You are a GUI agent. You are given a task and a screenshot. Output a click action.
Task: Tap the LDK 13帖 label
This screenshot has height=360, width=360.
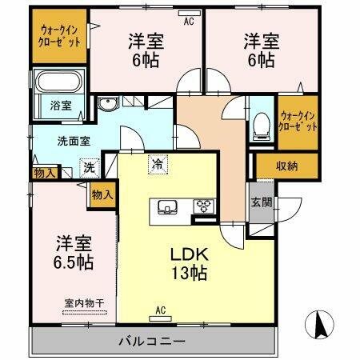(191, 263)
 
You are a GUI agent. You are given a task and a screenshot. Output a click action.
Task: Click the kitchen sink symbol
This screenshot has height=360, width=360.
(170, 206)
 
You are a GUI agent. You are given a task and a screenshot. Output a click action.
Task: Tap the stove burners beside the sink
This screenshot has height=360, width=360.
(205, 206)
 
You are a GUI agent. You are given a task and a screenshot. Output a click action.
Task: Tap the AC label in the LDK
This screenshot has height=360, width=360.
(159, 310)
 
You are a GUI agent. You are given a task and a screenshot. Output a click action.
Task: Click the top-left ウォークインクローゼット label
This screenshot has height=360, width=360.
(60, 37)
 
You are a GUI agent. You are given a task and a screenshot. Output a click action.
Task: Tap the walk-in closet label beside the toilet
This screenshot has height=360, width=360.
(298, 121)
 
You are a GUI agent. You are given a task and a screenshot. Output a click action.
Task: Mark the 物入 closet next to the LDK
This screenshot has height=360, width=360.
(102, 194)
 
